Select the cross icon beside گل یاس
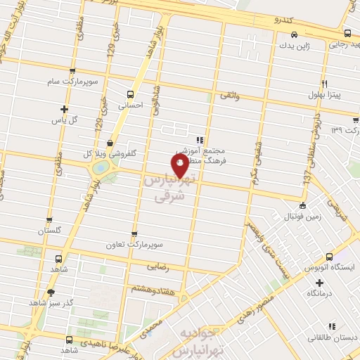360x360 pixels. tap(65, 109)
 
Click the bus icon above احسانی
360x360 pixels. tap(129, 94)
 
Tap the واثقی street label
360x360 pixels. tap(230, 95)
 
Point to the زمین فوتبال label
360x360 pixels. tap(302, 217)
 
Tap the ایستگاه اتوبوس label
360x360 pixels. tap(330, 269)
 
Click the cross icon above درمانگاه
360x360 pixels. tap(320, 282)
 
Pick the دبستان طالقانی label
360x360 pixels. tap(331, 337)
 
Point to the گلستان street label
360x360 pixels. tap(49, 231)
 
